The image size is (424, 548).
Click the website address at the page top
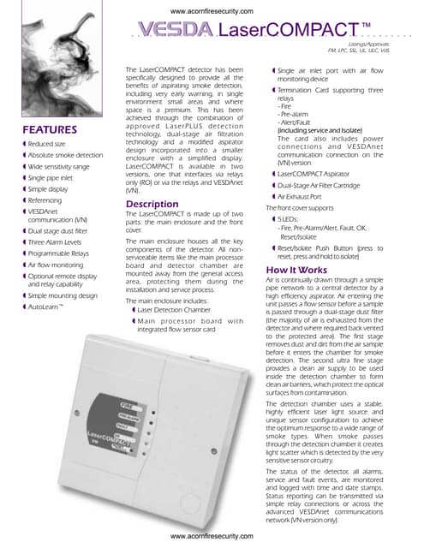[212, 10]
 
